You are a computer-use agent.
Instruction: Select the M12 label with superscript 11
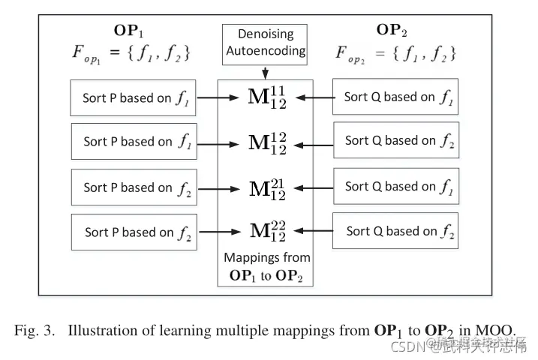(267, 97)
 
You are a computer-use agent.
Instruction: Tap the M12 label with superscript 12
(267, 141)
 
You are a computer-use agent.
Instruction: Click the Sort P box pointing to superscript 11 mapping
(134, 97)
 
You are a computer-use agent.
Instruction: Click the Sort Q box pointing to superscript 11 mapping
(395, 97)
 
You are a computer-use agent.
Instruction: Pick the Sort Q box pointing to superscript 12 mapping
(395, 140)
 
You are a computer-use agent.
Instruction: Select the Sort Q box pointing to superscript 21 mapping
(395, 186)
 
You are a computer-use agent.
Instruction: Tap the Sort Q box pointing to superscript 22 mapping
(395, 231)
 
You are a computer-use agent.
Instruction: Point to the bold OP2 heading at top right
(393, 30)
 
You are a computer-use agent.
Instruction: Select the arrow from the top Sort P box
(218, 97)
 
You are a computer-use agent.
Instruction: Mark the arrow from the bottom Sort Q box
(314, 231)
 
